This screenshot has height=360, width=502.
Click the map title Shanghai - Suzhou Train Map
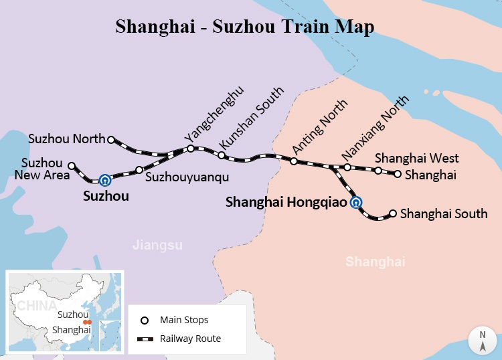[244, 26]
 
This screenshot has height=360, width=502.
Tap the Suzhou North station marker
[111, 140]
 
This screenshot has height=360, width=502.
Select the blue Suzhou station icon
[104, 180]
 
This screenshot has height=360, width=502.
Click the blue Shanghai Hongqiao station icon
[357, 203]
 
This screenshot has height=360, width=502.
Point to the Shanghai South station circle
[393, 213]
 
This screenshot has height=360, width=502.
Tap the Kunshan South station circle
[221, 155]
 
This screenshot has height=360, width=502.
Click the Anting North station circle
[293, 161]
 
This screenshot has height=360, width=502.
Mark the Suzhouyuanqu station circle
[139, 170]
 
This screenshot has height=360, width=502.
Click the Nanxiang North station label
[375, 128]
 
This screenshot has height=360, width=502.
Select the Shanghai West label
[416, 158]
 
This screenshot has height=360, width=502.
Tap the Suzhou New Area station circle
[72, 166]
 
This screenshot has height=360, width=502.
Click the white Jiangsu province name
[157, 245]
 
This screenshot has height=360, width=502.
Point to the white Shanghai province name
[375, 262]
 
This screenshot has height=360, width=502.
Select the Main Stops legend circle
[144, 320]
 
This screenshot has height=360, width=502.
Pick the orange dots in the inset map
[87, 322]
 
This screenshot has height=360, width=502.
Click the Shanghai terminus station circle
[398, 174]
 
